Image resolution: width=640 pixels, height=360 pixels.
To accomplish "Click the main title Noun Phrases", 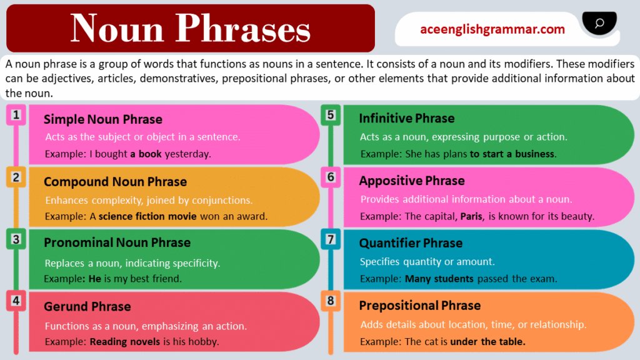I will coord(191,28).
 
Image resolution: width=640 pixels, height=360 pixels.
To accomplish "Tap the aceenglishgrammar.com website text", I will coord(492,29).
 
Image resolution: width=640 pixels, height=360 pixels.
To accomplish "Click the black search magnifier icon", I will coord(599,24).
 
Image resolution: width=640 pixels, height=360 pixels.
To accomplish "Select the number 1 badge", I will coord(16,115).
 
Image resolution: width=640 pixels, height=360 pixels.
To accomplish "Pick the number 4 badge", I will coord(16,301).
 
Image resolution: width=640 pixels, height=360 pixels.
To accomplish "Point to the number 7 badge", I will coord(331,239).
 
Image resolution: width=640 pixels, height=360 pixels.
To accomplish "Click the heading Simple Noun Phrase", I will coord(103,119).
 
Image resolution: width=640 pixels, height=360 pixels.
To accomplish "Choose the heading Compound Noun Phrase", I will coord(115,182).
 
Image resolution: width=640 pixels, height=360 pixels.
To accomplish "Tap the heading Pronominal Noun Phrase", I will coord(117,242).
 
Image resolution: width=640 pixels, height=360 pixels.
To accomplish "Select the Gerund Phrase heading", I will coord(87,306).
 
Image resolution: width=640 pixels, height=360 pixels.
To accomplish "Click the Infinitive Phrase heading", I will coord(407,118).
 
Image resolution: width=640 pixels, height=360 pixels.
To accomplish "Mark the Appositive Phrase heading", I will coord(412,181).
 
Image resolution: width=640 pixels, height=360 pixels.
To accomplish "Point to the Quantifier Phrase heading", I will coord(411,243).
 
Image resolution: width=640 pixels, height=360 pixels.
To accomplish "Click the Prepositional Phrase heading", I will coord(420,306).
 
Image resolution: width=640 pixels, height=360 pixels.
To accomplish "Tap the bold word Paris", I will coord(472,217).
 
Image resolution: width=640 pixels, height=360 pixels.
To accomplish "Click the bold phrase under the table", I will coord(488,342).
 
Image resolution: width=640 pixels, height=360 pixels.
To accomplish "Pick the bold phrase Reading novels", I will coord(125,342).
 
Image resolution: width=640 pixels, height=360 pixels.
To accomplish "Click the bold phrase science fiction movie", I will coord(147,217).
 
